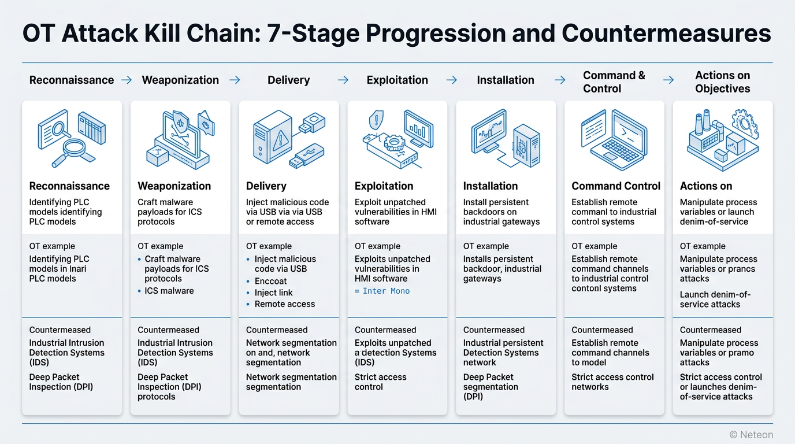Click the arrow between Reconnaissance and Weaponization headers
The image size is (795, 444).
point(127,80)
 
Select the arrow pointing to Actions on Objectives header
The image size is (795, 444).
point(668,80)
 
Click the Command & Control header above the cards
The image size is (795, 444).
point(614,82)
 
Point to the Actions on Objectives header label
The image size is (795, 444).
point(722,82)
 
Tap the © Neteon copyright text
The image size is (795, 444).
point(751,434)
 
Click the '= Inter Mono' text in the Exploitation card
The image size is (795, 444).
point(382,291)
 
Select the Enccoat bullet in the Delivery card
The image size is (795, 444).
point(270,281)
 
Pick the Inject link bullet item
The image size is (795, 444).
point(273,293)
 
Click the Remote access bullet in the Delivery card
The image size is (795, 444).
point(284,304)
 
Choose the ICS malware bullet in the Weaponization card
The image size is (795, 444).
point(169,291)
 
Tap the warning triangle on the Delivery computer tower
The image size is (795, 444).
point(281,139)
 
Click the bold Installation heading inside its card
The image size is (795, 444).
point(490,186)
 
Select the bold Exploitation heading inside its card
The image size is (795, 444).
point(384,186)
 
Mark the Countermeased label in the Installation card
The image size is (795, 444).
point(493,330)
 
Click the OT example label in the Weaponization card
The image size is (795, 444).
point(160,246)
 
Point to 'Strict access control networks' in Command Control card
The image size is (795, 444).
point(612,382)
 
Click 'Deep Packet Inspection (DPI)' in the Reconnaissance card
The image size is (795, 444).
point(61,382)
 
